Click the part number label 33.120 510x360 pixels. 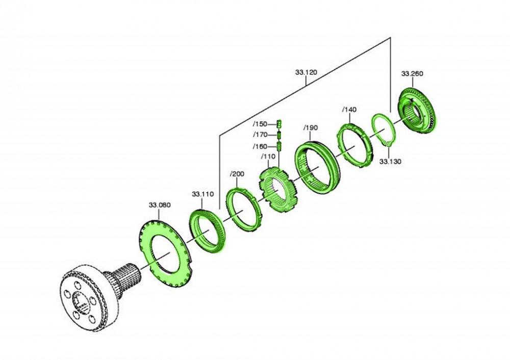click(x=305, y=72)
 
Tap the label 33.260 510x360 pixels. click(x=412, y=73)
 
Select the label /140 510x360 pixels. click(x=349, y=110)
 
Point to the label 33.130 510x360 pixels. click(x=390, y=161)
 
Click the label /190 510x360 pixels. click(x=310, y=128)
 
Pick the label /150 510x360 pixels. click(x=260, y=124)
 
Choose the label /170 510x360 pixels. click(x=260, y=135)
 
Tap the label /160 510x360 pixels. click(x=260, y=146)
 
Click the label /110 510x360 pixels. click(x=268, y=157)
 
